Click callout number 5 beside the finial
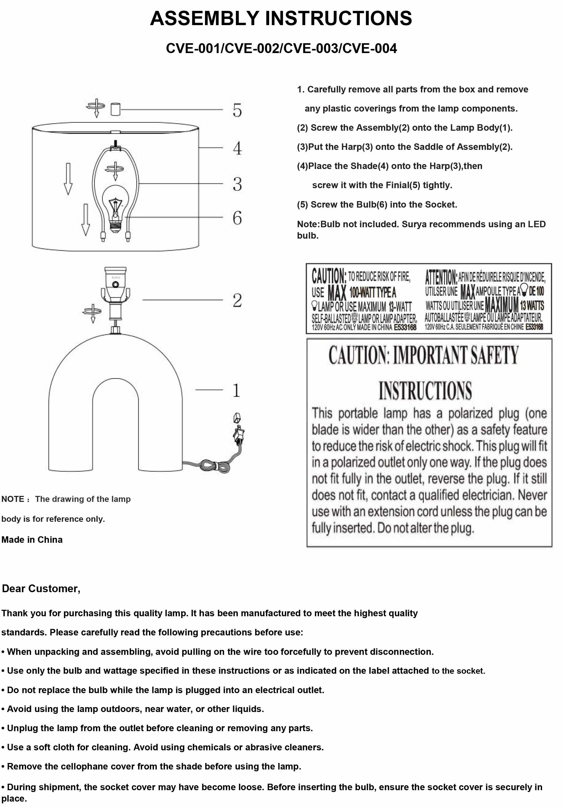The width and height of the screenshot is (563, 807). [x=237, y=110]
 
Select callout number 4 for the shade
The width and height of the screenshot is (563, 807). [x=237, y=148]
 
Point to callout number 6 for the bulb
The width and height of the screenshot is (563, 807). [x=237, y=218]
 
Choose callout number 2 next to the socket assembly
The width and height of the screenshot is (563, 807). [x=237, y=300]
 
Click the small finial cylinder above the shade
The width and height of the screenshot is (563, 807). [x=115, y=109]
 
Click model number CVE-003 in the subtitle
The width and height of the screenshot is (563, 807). [x=311, y=48]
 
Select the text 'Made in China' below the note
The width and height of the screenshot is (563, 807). [x=32, y=540]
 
